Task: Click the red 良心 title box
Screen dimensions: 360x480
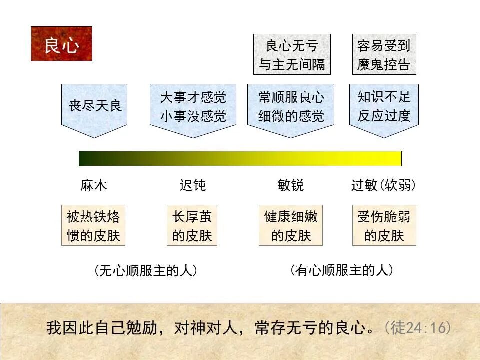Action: click(61, 44)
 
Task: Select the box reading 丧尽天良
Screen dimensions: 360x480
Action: click(94, 106)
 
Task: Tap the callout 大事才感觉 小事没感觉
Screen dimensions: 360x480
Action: click(193, 106)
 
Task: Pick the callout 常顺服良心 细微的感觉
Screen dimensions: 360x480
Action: click(291, 106)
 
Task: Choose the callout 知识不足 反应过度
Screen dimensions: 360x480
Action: click(384, 106)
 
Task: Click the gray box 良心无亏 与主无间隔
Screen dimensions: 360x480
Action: click(292, 54)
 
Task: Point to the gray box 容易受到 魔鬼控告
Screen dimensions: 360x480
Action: click(384, 54)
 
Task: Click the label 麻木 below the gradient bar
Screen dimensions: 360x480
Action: click(94, 186)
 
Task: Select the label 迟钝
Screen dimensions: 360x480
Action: click(193, 186)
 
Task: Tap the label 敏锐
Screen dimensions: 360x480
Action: click(291, 186)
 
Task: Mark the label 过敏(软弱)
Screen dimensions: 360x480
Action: click(384, 186)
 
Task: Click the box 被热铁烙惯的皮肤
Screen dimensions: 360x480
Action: click(93, 225)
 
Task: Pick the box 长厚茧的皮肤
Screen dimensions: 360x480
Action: click(192, 225)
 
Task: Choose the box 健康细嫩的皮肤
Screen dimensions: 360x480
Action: click(291, 225)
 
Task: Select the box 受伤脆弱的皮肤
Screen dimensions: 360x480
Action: click(384, 225)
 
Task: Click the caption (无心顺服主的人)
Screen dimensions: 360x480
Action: click(145, 271)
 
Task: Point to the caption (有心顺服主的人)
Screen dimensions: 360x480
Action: click(341, 270)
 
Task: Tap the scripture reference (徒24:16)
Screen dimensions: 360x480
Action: click(418, 328)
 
